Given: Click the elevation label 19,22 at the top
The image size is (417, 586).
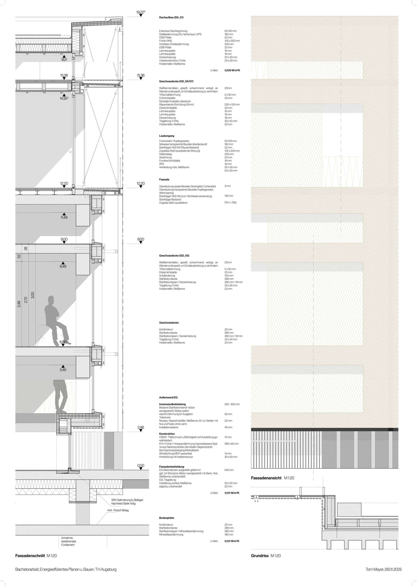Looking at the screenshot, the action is [x=140, y=12].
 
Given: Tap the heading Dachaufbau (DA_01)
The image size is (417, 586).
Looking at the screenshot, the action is [x=171, y=18].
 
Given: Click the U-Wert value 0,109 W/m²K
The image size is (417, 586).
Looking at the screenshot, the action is [x=232, y=70].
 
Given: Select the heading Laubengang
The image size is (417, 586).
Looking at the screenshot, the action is [x=167, y=136].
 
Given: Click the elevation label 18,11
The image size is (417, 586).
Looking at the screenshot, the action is [x=64, y=60].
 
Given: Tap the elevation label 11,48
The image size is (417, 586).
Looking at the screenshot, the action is [x=64, y=217].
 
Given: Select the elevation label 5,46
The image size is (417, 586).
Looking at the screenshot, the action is [x=63, y=370].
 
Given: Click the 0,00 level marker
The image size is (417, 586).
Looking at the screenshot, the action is [x=141, y=465].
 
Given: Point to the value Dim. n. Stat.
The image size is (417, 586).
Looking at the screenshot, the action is [x=231, y=202].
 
